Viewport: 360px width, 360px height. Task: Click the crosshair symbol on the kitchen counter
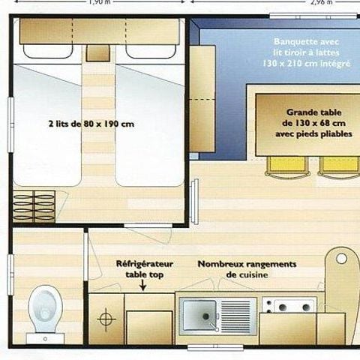[x=107, y=317]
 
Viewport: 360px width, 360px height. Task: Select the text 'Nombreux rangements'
[x=247, y=264]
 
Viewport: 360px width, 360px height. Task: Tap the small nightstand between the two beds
[x=95, y=53]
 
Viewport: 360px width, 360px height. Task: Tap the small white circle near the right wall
[x=342, y=258]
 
